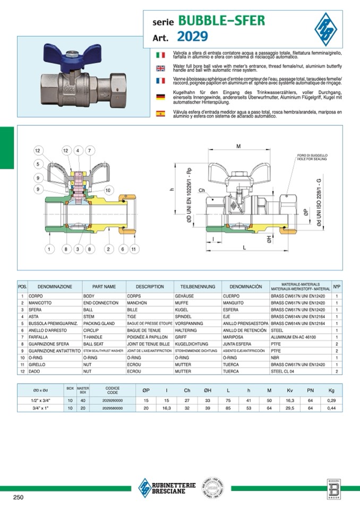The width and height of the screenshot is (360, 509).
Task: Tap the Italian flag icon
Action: point(160,55)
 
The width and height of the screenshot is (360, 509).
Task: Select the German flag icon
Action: point(160,97)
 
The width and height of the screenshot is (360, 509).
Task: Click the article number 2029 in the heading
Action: point(193,37)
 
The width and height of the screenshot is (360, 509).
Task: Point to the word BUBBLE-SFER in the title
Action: point(221,21)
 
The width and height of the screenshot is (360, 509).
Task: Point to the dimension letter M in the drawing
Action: point(238,146)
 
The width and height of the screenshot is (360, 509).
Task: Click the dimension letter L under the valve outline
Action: point(243,248)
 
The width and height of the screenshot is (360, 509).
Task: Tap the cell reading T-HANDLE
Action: point(96,337)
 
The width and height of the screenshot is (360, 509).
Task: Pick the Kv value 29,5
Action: point(290,408)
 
